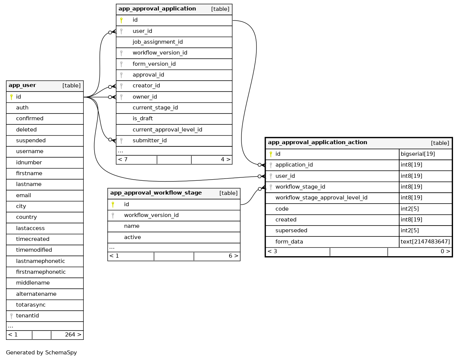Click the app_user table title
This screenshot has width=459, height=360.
pos(22,86)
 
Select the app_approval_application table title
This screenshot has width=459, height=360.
pos(157,9)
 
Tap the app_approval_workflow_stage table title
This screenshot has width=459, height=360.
pos(156,193)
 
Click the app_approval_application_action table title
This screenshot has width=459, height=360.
pos(317,143)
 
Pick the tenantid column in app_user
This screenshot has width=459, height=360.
pos(27,316)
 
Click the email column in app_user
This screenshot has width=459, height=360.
pos(24,195)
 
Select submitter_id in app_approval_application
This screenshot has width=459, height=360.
pos(150,140)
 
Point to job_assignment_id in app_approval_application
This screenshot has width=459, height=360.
pos(157,42)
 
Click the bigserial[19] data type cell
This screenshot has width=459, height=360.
pos(418,154)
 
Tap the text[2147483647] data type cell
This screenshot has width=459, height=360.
pos(425,242)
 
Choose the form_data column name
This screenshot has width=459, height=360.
pos(289,242)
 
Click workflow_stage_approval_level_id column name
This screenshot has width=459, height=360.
pos(321,198)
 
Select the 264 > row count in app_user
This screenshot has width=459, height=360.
pos(73,335)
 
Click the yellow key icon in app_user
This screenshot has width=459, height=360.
pos(11,97)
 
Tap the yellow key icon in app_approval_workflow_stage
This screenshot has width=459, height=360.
pos(113,204)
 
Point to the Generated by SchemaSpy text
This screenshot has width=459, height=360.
pos(41,353)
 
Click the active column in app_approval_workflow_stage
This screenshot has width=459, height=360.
pos(132,237)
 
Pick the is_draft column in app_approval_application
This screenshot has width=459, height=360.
pos(143,118)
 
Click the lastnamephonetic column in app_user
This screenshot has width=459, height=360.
pos(40,261)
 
